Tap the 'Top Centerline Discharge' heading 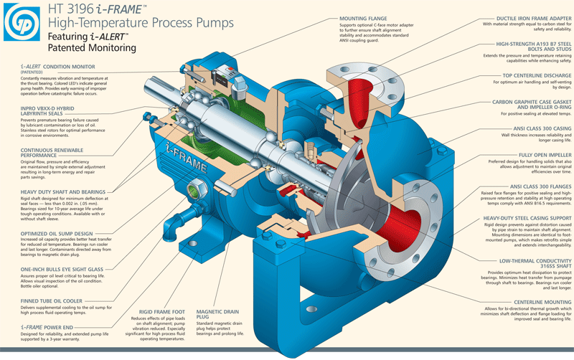pos(530,75)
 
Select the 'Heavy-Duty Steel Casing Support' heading pos(527,217)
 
